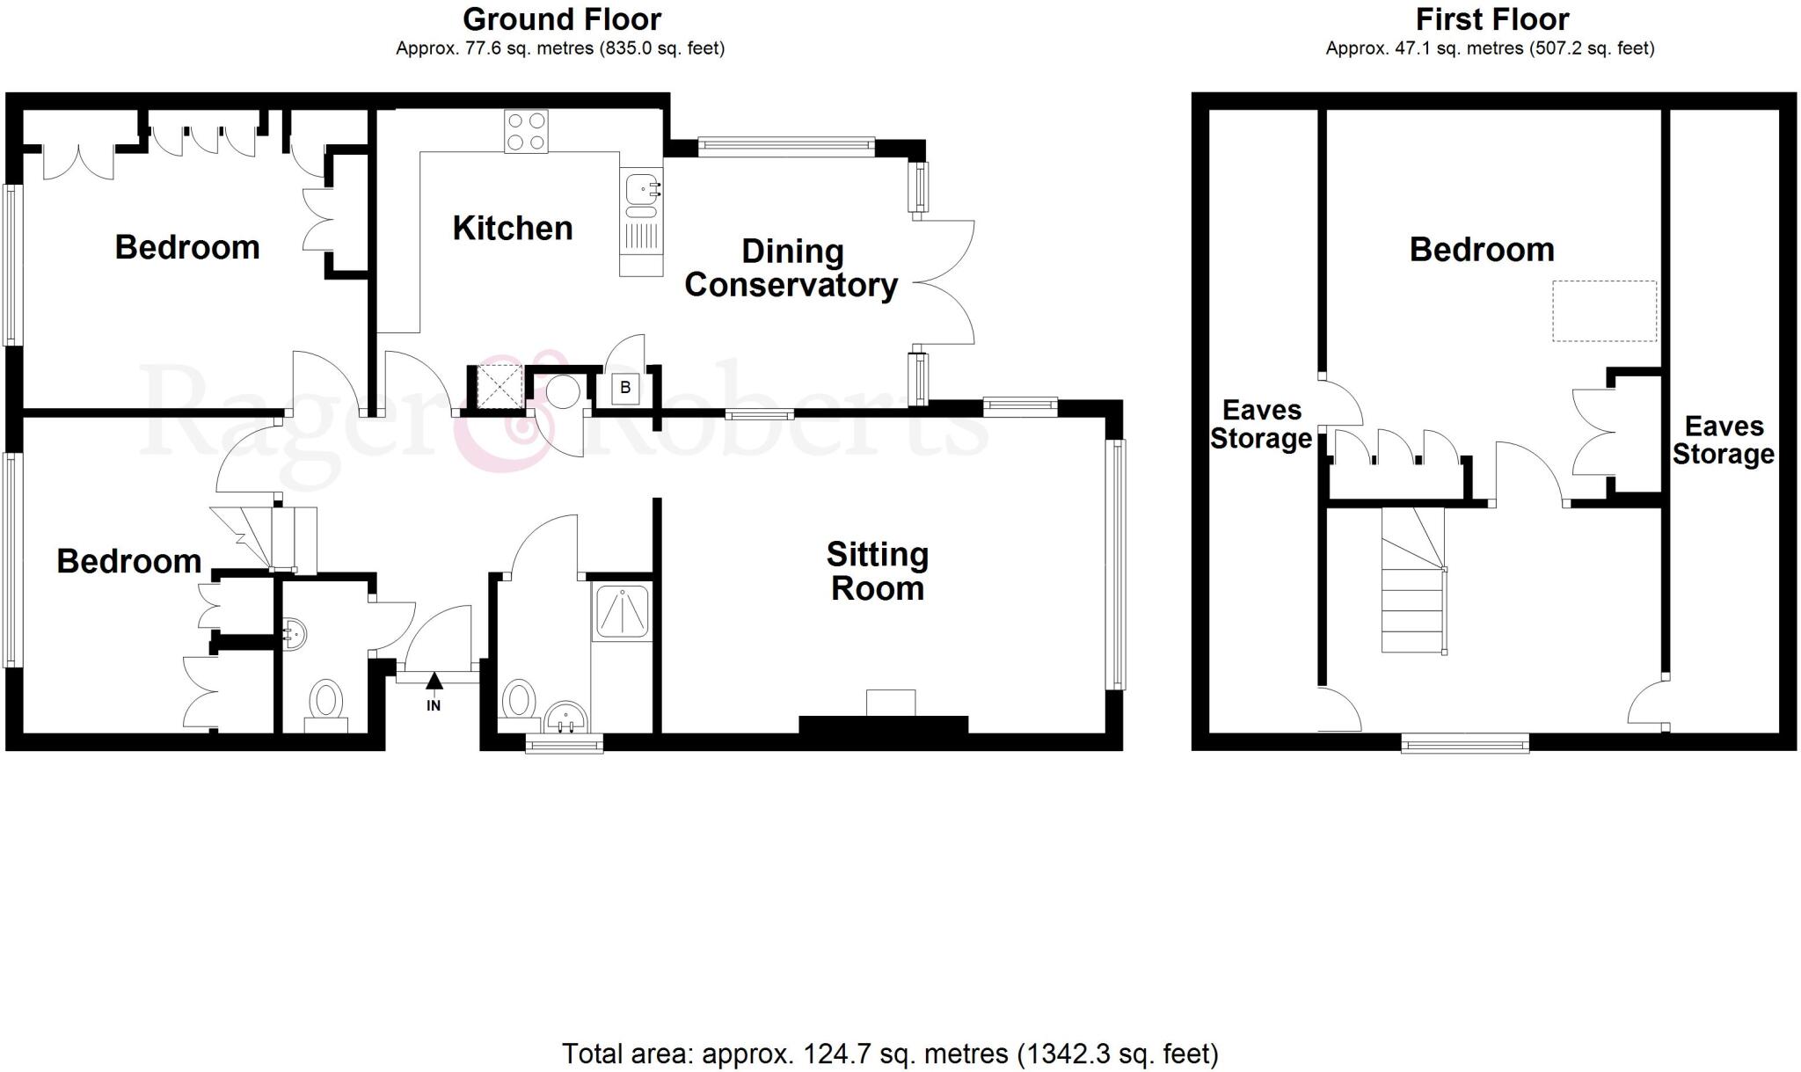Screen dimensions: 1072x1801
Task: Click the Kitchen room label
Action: [x=512, y=229]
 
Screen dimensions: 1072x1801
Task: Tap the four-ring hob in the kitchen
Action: [x=526, y=132]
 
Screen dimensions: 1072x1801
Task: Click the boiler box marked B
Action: [x=625, y=388]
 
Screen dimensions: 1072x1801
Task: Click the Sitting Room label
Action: [x=877, y=572]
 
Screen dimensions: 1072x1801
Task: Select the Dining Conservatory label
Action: [x=791, y=268]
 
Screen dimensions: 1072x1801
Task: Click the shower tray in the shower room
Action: [x=623, y=610]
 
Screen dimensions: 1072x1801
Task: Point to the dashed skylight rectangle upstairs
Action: [x=1604, y=310]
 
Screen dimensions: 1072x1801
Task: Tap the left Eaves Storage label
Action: [x=1261, y=424]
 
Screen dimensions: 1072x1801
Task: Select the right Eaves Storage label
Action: [x=1723, y=440]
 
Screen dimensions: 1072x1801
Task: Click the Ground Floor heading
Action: [x=561, y=19]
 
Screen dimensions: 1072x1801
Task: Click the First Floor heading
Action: [x=1491, y=19]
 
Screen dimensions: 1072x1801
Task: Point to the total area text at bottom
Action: [x=889, y=1053]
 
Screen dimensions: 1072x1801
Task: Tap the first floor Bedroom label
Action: [x=1482, y=250]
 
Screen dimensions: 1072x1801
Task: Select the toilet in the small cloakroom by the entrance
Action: [x=326, y=702]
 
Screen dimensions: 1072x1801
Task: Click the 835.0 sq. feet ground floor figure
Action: [x=661, y=48]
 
